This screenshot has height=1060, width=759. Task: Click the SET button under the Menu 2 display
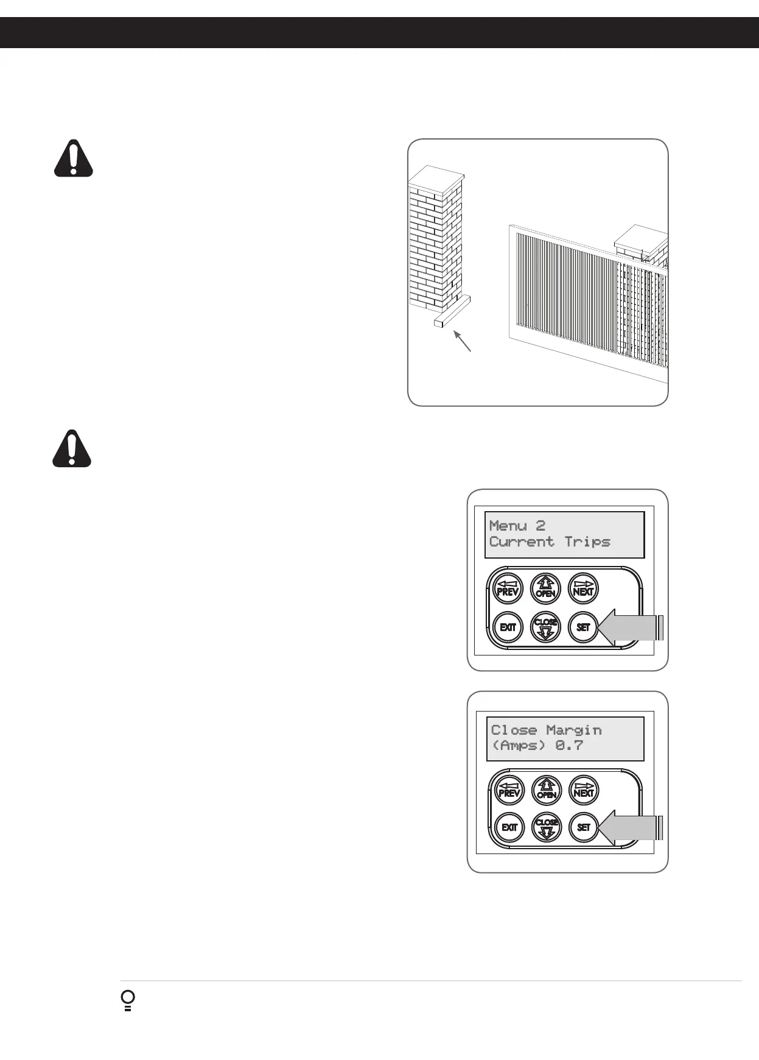tap(583, 627)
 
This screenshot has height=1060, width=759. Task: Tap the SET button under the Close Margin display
tap(584, 827)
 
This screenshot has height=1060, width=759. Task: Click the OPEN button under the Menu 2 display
tap(546, 588)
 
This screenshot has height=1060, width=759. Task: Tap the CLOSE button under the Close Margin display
tap(547, 827)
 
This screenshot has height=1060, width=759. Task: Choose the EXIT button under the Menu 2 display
tap(508, 627)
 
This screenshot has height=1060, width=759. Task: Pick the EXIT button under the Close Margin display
tap(509, 827)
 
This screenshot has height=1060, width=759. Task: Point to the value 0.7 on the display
tap(569, 745)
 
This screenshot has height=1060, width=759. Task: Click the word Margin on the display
tap(574, 730)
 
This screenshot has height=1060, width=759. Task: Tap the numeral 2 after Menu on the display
tap(540, 525)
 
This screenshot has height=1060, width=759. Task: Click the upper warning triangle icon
tap(73, 159)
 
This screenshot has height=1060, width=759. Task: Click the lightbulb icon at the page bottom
tap(128, 1001)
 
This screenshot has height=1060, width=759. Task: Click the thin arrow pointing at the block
tap(463, 341)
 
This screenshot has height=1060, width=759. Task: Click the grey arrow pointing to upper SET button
tap(630, 627)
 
